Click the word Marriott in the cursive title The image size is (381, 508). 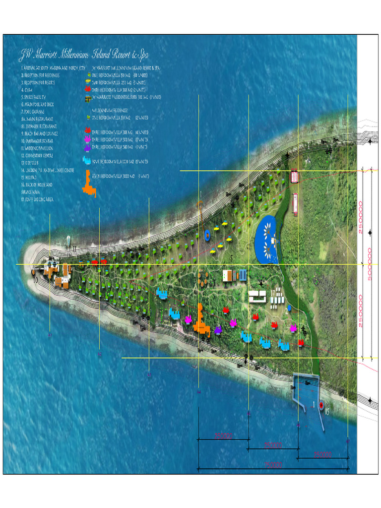coord(49,54)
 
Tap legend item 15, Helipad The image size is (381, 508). coord(30,177)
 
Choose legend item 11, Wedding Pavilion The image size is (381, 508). coord(37,148)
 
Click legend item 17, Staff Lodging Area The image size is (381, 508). coord(37,199)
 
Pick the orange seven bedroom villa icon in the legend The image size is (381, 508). coord(89,184)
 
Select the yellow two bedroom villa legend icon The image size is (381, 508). coord(88,82)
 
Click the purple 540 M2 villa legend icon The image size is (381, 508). coord(87,147)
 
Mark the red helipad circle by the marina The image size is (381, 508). coord(321,405)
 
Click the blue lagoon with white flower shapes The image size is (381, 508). coord(267,240)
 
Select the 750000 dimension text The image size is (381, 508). coord(273,465)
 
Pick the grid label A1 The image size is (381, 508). coord(50,335)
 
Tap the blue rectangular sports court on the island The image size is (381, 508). coord(243,274)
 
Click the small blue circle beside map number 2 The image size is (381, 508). coord(289,308)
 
